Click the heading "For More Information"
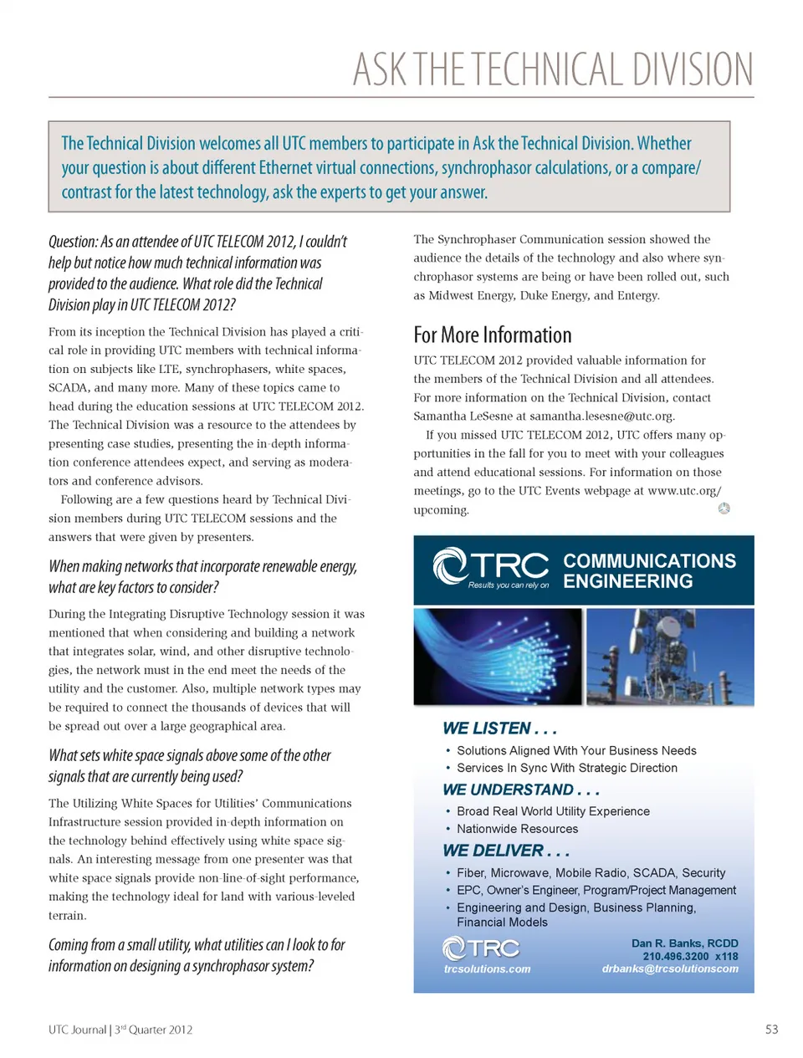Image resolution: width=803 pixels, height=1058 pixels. point(492,335)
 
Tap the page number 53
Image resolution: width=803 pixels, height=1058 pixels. point(771,1030)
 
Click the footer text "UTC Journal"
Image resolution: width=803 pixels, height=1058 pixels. point(77,1030)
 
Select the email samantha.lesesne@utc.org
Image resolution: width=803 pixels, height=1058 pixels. point(601,417)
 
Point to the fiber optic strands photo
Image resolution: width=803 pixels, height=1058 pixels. point(497,656)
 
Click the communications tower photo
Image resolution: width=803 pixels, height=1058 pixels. point(670,656)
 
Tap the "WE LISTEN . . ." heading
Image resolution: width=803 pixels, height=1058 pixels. point(499,728)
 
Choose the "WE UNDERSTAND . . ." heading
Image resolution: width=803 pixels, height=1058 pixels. point(520,790)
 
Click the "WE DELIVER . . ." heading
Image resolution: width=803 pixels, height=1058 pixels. point(505,851)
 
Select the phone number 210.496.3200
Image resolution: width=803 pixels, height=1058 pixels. point(675,956)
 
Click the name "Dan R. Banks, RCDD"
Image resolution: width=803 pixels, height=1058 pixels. point(684,943)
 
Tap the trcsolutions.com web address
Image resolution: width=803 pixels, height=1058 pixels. point(487,969)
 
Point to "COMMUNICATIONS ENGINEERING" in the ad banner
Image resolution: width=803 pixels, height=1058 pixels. point(649,570)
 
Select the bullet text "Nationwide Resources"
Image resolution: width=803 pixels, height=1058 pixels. point(517,829)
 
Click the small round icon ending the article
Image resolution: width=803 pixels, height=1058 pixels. point(724,509)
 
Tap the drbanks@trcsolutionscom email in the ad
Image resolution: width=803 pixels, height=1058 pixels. point(670,969)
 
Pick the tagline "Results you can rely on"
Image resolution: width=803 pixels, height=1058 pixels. point(508,585)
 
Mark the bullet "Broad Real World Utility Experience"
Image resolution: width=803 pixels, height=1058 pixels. point(553,811)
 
